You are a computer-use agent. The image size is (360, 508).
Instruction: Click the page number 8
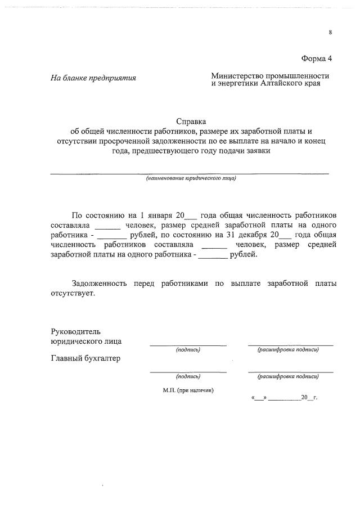(x=331, y=33)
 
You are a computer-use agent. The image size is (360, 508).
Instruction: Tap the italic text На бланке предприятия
(x=94, y=78)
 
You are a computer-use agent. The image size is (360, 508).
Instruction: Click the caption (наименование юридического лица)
(x=191, y=178)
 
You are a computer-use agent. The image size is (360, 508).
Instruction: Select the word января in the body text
(x=159, y=215)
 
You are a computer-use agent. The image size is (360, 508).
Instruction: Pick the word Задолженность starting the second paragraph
(x=100, y=284)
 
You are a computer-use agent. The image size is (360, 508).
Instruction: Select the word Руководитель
(x=76, y=331)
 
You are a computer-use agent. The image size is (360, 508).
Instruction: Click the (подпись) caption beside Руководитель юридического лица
(x=188, y=350)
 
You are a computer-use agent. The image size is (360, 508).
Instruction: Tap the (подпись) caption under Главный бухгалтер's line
(x=188, y=376)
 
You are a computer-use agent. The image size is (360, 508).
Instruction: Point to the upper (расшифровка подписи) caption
(x=288, y=350)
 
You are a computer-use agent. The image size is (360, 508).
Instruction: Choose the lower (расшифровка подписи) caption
(x=288, y=376)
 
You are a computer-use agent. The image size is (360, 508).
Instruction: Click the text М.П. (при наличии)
(x=188, y=389)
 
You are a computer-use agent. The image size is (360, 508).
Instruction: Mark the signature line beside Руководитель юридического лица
(x=188, y=344)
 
